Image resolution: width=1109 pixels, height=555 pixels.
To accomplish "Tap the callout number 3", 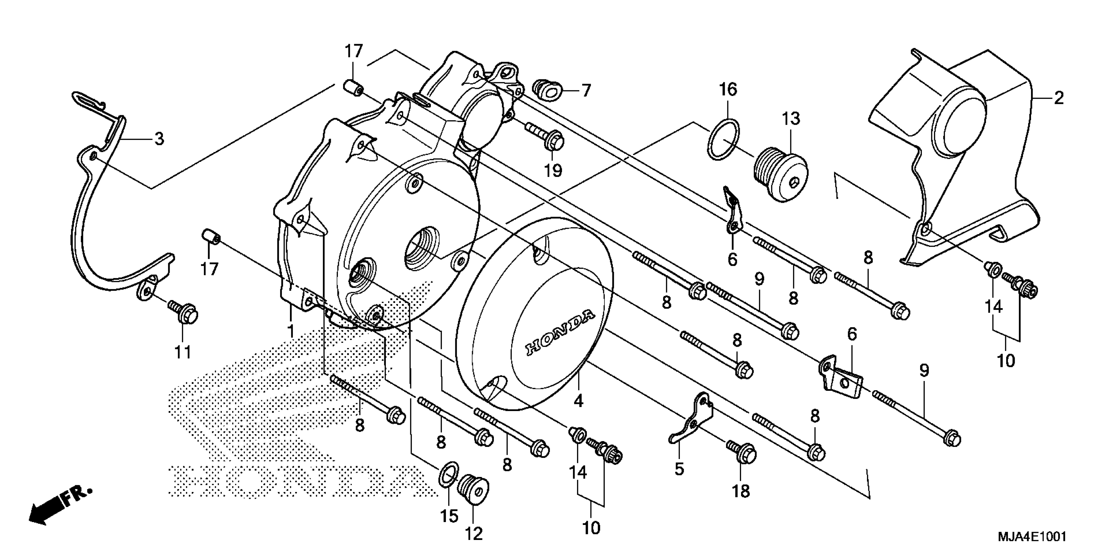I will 159,139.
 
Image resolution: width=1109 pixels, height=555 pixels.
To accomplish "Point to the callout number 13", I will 791,119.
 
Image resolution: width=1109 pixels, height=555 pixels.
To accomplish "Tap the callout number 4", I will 578,401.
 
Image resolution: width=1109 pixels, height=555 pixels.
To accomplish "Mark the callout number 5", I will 679,469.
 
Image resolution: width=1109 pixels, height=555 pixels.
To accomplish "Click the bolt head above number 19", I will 556,141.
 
